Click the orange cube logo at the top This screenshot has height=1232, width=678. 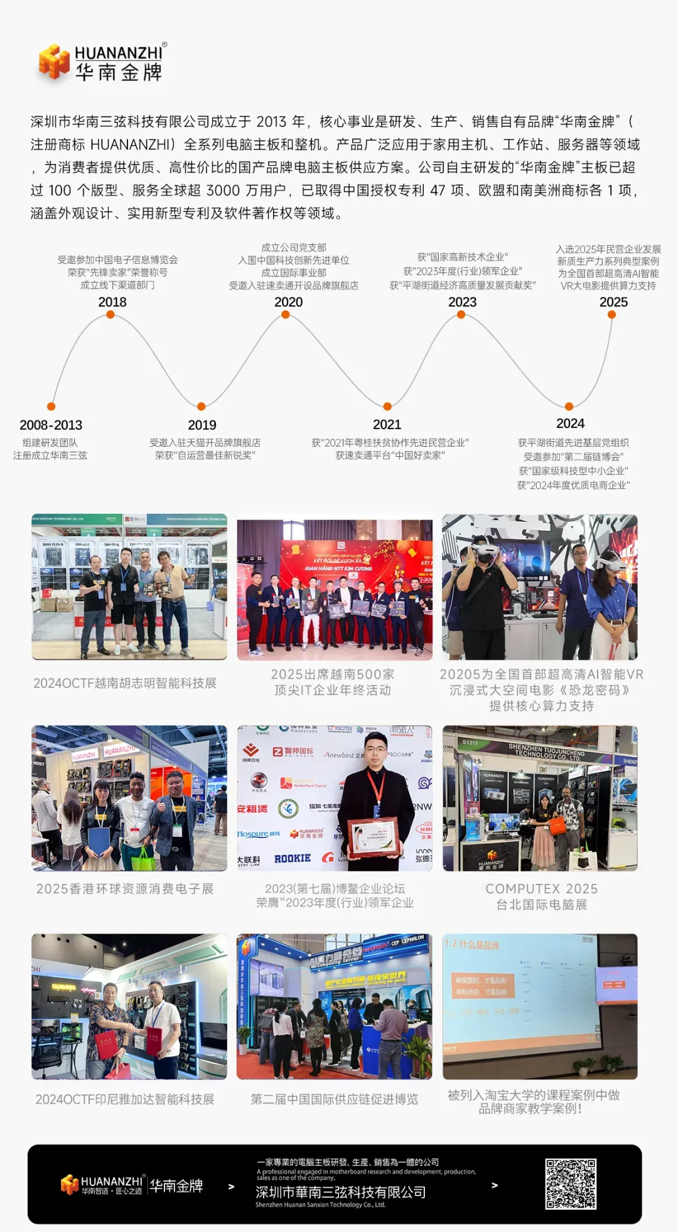point(54,62)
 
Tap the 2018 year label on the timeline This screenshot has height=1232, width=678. point(112,302)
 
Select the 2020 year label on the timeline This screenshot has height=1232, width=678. point(288,302)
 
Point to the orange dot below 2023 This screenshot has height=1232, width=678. point(461,315)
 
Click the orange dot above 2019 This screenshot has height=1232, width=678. point(201,406)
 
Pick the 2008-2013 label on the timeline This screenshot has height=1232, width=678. point(51,425)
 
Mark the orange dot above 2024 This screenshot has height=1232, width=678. point(569,406)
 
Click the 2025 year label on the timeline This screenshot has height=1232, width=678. point(613,302)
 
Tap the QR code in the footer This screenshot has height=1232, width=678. point(571,1184)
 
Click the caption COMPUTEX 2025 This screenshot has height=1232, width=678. point(541,889)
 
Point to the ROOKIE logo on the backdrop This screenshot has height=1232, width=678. point(293,858)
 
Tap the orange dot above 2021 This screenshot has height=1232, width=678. point(387,406)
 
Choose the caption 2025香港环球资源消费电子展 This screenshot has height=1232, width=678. point(125,889)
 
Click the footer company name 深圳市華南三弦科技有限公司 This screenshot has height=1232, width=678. point(340,1192)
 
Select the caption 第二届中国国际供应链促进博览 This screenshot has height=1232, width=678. point(334,1099)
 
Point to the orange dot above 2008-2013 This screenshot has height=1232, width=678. point(51,406)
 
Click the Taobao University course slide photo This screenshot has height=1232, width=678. point(540,1006)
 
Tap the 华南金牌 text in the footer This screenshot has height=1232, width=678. point(176,1186)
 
